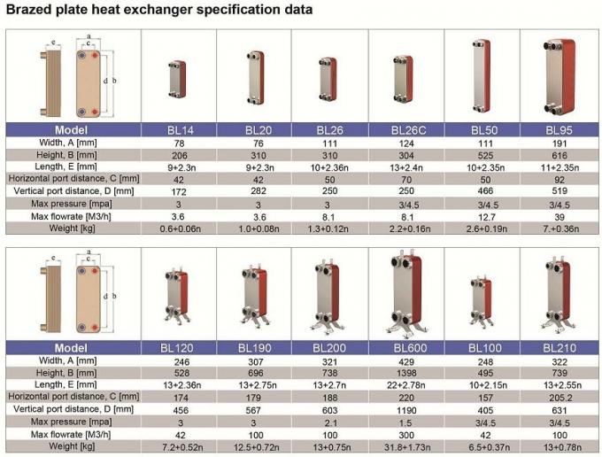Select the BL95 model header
[559, 129]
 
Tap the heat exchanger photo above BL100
[483, 302]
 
